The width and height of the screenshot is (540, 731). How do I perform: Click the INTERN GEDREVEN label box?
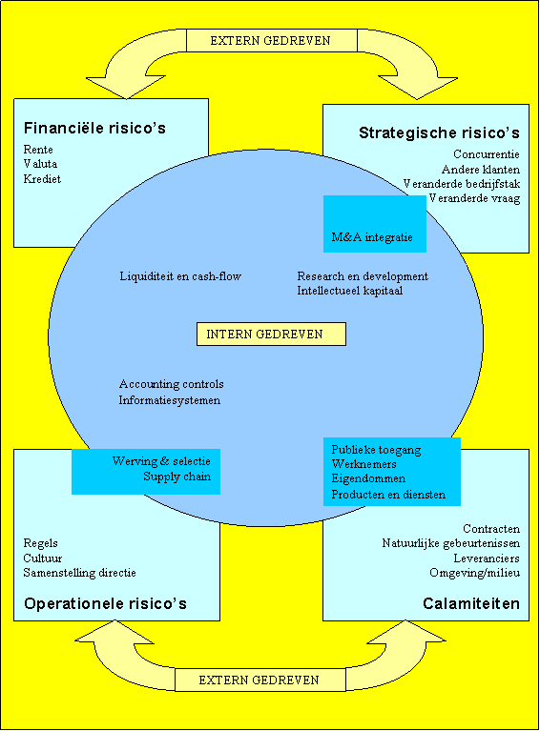pos(271,334)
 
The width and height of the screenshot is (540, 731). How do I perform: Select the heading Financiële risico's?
pos(94,128)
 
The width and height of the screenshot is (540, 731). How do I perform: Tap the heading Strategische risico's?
pos(439,132)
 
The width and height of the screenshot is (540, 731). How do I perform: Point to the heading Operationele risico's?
pos(105,603)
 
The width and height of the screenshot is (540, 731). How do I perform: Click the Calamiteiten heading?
pos(471,603)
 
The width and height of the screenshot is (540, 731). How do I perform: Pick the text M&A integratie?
pos(372,237)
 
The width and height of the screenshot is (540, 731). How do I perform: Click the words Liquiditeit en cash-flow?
pos(180,276)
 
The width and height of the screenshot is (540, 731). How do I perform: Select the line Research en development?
pos(363,276)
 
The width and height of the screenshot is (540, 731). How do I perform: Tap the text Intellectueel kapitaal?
pos(350,291)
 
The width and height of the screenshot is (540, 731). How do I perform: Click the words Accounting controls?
pos(172,384)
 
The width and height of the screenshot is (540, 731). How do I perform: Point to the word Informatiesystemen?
pos(170,400)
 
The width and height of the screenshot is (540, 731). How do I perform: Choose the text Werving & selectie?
pos(161,461)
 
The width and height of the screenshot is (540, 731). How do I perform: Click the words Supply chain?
pos(177,477)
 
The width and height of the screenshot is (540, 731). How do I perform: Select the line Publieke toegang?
pos(376,450)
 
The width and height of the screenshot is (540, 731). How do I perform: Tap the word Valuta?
pos(40,164)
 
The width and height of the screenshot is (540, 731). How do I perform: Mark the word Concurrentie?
pos(487,154)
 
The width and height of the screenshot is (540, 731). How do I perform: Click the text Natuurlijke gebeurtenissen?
pos(451,543)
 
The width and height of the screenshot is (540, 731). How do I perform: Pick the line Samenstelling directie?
pos(80,573)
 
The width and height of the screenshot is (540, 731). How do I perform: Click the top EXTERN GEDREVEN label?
pos(271,41)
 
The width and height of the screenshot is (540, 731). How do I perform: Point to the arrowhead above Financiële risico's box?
pos(126,88)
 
